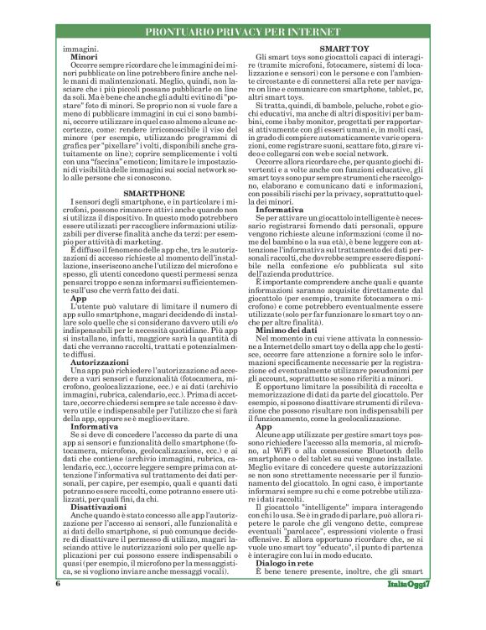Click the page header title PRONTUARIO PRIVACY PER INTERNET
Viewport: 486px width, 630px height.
tap(243, 33)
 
